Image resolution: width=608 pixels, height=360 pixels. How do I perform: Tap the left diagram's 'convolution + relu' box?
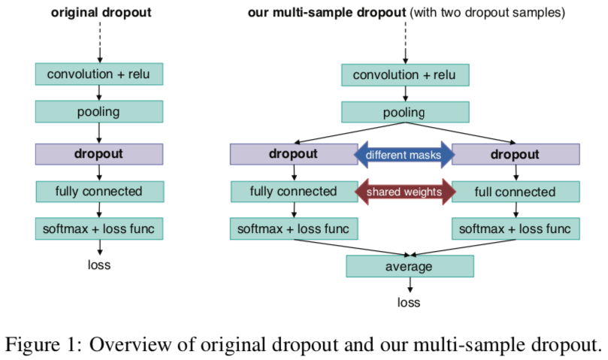point(98,74)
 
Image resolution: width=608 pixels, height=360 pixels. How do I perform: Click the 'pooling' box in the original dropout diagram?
point(98,112)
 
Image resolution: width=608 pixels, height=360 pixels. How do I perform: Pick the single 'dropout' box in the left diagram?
point(98,153)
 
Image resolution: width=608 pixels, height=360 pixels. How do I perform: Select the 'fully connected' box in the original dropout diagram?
point(98,191)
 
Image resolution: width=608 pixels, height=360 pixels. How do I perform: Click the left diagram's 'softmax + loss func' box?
point(98,228)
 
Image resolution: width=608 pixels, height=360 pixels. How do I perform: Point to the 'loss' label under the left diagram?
point(98,264)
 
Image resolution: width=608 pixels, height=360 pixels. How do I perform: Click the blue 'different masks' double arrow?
point(404,155)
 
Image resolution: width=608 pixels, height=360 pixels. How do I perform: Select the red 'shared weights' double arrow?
point(404,192)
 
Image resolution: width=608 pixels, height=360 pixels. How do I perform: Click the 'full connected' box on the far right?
point(515,192)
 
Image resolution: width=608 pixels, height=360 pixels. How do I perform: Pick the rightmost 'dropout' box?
point(515,154)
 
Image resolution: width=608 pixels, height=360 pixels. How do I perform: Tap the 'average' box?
point(409,266)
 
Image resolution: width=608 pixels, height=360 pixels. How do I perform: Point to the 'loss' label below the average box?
point(409,303)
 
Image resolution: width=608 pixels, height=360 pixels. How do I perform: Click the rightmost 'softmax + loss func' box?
point(515,228)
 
